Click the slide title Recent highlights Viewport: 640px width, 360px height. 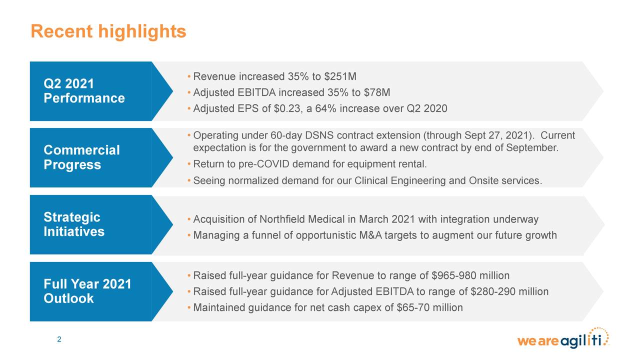(x=108, y=32)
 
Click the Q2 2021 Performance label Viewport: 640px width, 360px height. (x=84, y=90)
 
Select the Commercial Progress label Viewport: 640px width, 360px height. (x=81, y=157)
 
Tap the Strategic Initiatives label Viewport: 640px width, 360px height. (x=74, y=224)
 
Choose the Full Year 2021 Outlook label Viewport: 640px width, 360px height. (x=87, y=291)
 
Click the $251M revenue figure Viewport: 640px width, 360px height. (x=340, y=77)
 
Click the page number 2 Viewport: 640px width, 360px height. (x=59, y=340)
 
